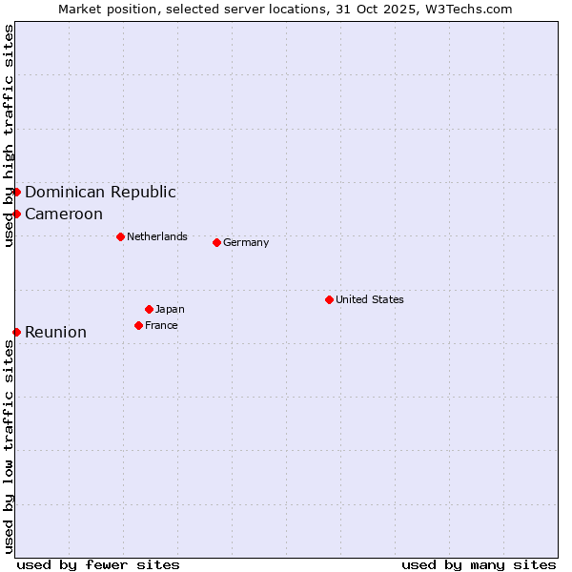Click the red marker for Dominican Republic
coord(16,192)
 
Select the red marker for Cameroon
coord(16,214)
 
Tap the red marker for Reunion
coord(16,332)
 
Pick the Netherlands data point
coord(120,236)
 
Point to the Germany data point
coord(216,242)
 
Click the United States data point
coord(329,299)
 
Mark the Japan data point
coord(149,309)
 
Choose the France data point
coord(138,325)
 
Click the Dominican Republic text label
coord(100,192)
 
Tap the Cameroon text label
coord(64,214)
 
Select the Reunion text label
coord(55,332)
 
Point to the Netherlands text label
coord(157,236)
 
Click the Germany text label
coord(246,242)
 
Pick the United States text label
coord(370,299)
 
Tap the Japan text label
coord(170,309)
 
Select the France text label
coord(161,325)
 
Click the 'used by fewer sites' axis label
coord(98,564)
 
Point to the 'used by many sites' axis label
coord(479,564)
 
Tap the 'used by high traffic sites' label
coord(9,136)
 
